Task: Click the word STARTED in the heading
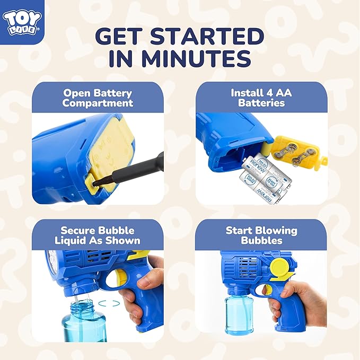pyautogui.click(x=207, y=36)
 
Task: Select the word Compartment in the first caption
pyautogui.click(x=98, y=103)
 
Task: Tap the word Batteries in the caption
pyautogui.click(x=261, y=103)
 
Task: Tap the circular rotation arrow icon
pyautogui.click(x=109, y=303)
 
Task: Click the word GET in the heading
pyautogui.click(x=120, y=36)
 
